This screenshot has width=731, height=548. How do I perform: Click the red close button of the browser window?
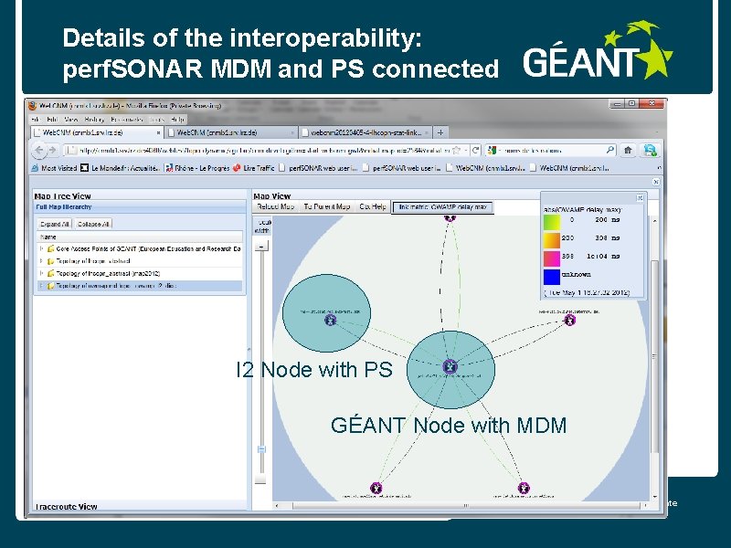tap(656, 105)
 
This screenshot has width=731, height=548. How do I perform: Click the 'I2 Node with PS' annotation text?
tap(313, 370)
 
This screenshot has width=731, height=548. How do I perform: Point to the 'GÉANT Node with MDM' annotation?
tap(449, 426)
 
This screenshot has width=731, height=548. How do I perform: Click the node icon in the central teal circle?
tap(449, 366)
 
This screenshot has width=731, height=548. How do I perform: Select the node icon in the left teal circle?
tap(330, 320)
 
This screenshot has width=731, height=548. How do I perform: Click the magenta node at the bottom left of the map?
tap(376, 488)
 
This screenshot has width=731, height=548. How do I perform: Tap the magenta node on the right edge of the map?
tap(570, 321)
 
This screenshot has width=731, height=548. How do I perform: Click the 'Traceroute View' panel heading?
tap(66, 506)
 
